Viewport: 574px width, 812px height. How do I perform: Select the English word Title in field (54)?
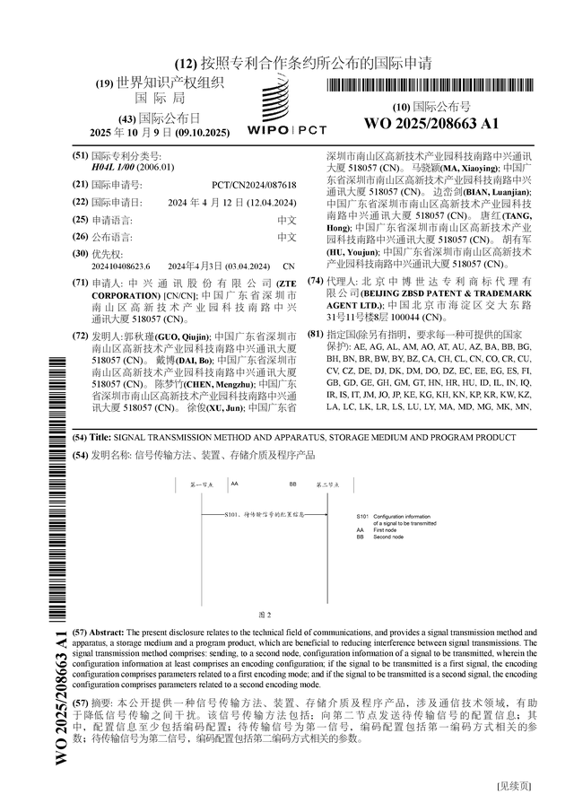click(100, 437)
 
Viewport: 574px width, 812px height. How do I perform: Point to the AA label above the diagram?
click(235, 484)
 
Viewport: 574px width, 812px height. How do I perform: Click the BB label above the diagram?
click(292, 484)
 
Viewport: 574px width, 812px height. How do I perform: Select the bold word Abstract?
click(107, 633)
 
